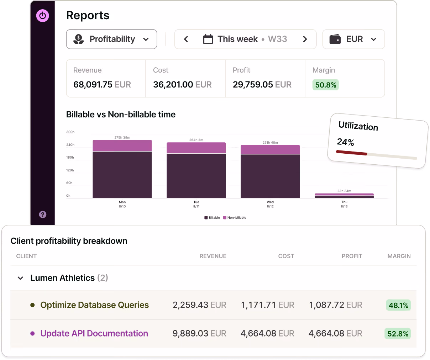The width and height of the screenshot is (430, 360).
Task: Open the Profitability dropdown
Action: tap(111, 39)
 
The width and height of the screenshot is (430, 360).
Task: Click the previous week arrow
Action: tap(186, 39)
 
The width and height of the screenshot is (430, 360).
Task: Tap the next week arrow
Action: tap(305, 39)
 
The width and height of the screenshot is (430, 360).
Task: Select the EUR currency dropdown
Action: tap(353, 39)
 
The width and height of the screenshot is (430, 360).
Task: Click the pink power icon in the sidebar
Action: tap(43, 16)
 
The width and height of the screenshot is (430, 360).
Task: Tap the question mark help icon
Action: tap(43, 215)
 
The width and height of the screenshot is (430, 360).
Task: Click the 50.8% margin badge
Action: tap(325, 85)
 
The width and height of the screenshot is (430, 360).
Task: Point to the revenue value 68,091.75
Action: tap(93, 85)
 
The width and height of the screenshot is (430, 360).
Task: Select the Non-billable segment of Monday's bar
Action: tap(122, 145)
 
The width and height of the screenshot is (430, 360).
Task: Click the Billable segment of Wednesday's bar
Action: tap(270, 176)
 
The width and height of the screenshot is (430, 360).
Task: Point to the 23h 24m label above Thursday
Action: tap(344, 191)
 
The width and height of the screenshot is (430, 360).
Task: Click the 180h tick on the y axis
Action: tap(70, 158)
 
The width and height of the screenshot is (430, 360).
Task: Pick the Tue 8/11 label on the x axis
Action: tap(196, 204)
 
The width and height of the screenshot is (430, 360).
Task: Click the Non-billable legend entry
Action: tap(235, 218)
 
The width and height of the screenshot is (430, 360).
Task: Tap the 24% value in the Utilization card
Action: tap(345, 142)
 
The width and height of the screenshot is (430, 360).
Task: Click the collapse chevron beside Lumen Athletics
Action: tap(20, 278)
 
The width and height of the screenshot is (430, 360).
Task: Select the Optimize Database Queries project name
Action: tap(95, 305)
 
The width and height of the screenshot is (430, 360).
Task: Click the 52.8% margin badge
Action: tap(398, 333)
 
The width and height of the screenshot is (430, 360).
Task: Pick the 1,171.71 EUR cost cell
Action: tap(268, 305)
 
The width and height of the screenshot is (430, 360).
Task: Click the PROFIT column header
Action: tap(352, 256)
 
